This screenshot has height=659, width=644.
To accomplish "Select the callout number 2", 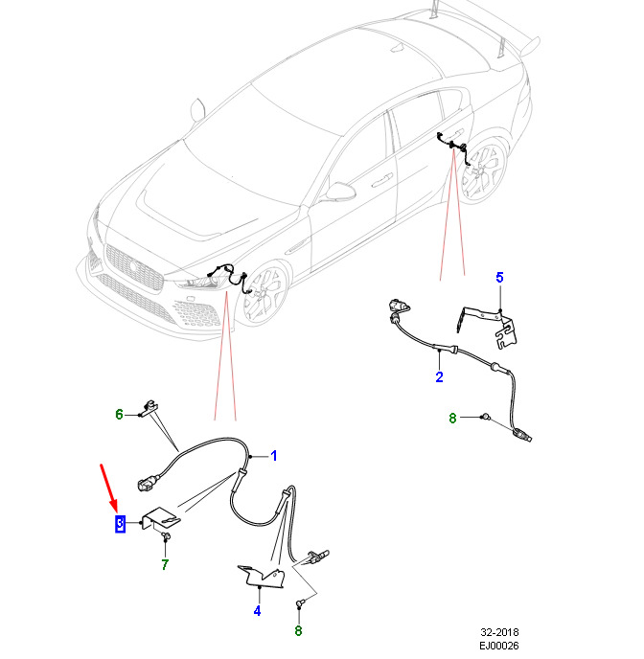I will [x=439, y=376].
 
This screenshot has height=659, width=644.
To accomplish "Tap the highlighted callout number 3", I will [x=121, y=524].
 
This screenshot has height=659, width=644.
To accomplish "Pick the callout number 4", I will [x=257, y=611].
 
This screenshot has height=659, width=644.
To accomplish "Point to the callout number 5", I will [x=498, y=278].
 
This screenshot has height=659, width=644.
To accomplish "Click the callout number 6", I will [x=120, y=415].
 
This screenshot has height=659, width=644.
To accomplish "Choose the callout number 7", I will [x=165, y=565].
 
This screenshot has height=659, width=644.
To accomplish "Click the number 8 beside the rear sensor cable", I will [x=453, y=418].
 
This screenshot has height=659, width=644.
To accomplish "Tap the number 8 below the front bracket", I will [x=298, y=630].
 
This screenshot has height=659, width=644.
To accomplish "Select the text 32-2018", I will [x=498, y=634].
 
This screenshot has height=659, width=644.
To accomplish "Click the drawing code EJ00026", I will [x=498, y=647].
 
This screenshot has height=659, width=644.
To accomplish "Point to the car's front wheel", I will [x=262, y=295].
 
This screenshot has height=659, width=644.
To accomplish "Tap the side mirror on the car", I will [x=337, y=192].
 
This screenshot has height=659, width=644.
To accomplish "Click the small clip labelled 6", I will [x=148, y=407].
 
